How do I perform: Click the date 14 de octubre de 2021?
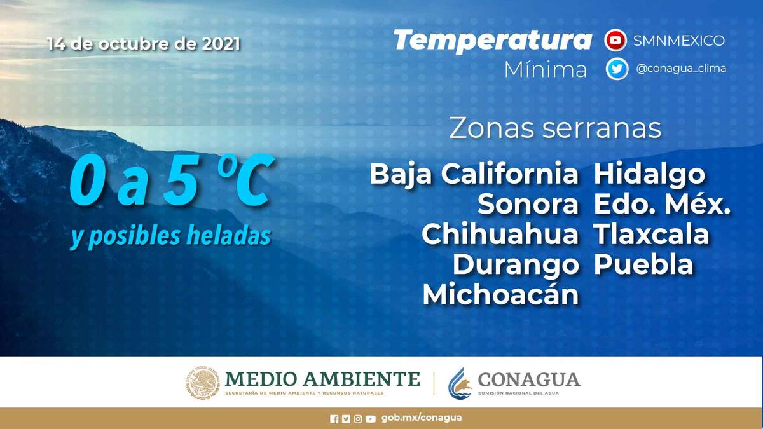coord(144,44)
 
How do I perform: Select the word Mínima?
coord(546,69)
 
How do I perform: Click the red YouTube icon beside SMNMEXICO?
coord(615,40)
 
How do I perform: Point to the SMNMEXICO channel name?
coord(678,41)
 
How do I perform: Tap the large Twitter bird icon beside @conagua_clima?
coord(617,69)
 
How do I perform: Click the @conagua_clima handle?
coord(681,69)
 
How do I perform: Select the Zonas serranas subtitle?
coord(555,128)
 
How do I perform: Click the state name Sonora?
coord(528,204)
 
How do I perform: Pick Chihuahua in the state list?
coord(500,235)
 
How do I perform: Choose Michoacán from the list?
coord(501,294)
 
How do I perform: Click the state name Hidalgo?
coord(649,175)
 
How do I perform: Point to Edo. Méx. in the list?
coord(662,204)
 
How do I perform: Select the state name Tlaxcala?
coord(651,235)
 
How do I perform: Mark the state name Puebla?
coord(643,264)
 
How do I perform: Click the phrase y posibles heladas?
coord(170,236)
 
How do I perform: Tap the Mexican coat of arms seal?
coord(203,383)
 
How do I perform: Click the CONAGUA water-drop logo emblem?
coord(460,383)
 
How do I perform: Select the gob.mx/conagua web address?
coord(422,418)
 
